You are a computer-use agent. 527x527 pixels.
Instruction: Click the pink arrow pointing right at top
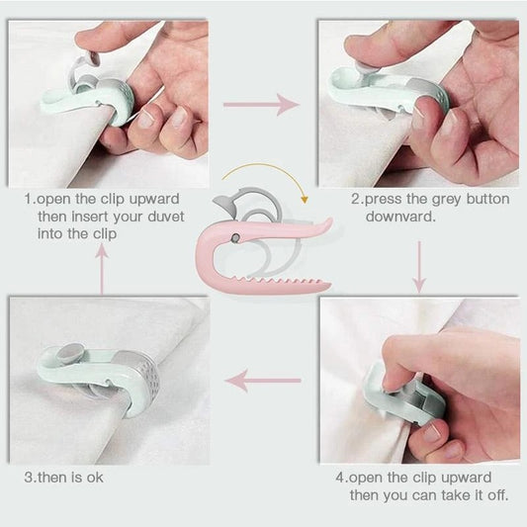(260, 103)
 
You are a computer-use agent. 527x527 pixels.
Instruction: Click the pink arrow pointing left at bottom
(263, 379)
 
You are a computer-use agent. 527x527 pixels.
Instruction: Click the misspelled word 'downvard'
(400, 216)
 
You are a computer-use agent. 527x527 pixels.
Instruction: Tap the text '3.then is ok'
(63, 478)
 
